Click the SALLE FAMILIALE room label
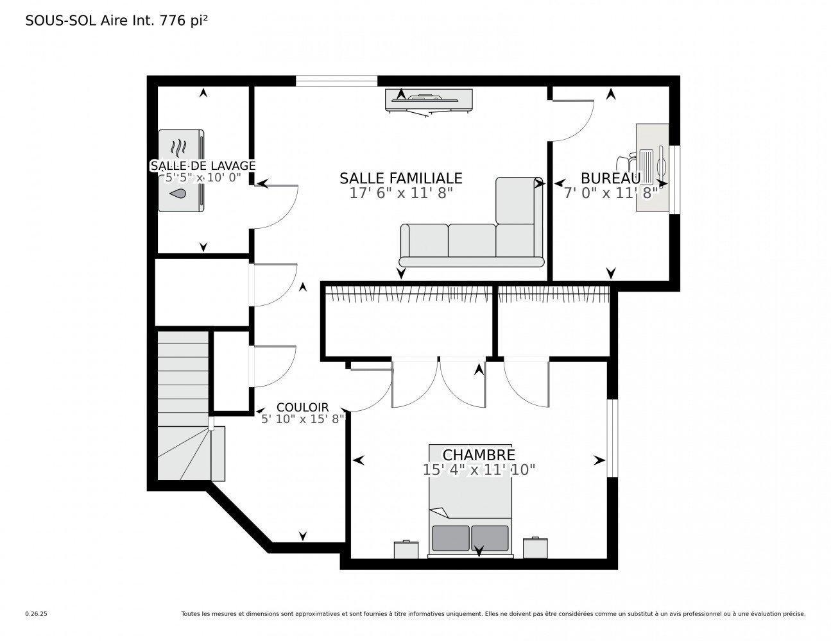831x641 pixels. pyautogui.click(x=400, y=178)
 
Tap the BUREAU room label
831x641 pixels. pyautogui.click(x=610, y=178)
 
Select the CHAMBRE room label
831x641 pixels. pyautogui.click(x=479, y=454)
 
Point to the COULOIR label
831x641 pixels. pyautogui.click(x=302, y=407)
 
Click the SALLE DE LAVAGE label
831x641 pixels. pyautogui.click(x=203, y=165)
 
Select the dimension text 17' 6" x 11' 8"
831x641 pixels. pyautogui.click(x=400, y=193)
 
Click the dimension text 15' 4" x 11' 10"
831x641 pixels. pyautogui.click(x=479, y=470)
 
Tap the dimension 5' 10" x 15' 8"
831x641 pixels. pyautogui.click(x=302, y=419)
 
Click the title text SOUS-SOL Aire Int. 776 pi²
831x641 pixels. pyautogui.click(x=116, y=21)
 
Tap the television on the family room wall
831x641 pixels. pyautogui.click(x=429, y=99)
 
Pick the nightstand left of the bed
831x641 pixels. pyautogui.click(x=406, y=549)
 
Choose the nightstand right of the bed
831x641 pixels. pyautogui.click(x=535, y=547)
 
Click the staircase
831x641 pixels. pyautogui.click(x=184, y=404)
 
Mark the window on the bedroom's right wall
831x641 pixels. pyautogui.click(x=612, y=438)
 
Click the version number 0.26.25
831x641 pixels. pyautogui.click(x=37, y=614)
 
